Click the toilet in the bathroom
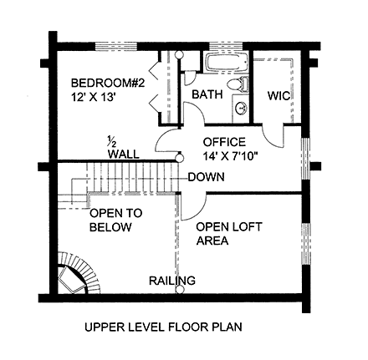coord(243,84)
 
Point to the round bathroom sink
coord(242,109)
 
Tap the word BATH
coord(207,95)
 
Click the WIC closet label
coord(279,96)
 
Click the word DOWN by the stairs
coord(205,177)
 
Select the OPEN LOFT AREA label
coord(223,233)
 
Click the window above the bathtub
coord(224,43)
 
